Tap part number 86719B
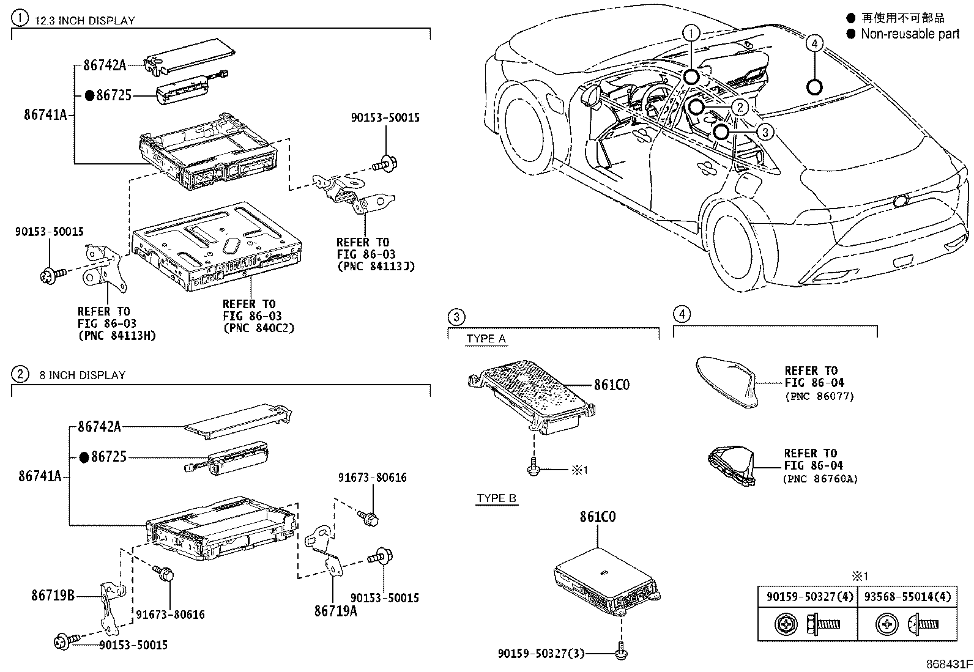53,594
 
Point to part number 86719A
335,610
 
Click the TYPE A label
486,339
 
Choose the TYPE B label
496,498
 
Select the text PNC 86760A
820,479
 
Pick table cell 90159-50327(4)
808,597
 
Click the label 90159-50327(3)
541,654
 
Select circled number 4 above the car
814,43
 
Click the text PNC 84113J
375,266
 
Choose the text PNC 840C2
258,328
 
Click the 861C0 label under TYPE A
611,385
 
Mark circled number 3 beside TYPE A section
456,317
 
